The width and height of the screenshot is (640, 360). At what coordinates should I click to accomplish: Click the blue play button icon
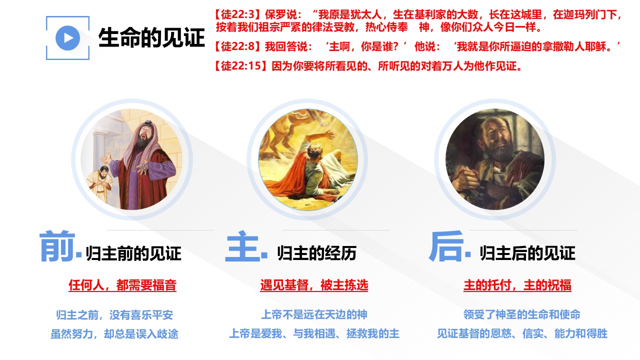pyautogui.click(x=67, y=38)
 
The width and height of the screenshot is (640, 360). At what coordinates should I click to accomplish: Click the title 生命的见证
pyautogui.click(x=151, y=37)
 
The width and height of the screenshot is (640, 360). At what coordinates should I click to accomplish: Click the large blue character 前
pyautogui.click(x=57, y=246)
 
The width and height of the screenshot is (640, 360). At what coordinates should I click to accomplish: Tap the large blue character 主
pyautogui.click(x=243, y=246)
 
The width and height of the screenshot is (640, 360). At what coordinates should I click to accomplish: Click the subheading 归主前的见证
pyautogui.click(x=133, y=253)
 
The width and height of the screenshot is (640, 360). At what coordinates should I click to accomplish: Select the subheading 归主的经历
pyautogui.click(x=316, y=253)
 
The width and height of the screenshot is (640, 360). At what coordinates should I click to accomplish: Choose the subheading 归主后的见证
pyautogui.click(x=527, y=253)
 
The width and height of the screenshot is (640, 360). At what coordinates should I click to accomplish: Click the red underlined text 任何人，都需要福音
pyautogui.click(x=122, y=285)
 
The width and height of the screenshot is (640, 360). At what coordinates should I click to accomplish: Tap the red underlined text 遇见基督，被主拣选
pyautogui.click(x=314, y=285)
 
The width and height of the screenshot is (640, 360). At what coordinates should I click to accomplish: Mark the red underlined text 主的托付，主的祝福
pyautogui.click(x=517, y=285)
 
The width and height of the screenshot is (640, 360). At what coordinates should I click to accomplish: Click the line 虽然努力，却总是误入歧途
pyautogui.click(x=114, y=333)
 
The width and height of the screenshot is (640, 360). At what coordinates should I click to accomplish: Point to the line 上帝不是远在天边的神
pyautogui.click(x=314, y=314)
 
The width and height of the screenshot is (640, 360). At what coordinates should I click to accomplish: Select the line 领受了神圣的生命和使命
pyautogui.click(x=521, y=314)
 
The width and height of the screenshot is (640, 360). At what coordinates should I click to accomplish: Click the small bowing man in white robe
pyautogui.click(x=100, y=183)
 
